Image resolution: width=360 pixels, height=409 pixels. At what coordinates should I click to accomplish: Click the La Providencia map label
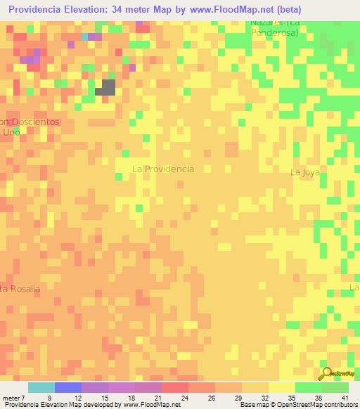click(x=163, y=169)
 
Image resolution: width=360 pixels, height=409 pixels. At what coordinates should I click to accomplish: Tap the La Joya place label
click(x=305, y=171)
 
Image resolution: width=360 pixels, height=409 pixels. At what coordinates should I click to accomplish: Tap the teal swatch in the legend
click(x=41, y=387)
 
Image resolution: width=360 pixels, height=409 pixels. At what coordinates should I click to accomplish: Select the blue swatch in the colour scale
click(x=67, y=387)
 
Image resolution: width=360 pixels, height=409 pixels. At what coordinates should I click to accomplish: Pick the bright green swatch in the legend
click(x=308, y=387)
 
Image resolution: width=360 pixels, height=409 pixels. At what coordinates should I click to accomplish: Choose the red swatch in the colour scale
click(x=174, y=387)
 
